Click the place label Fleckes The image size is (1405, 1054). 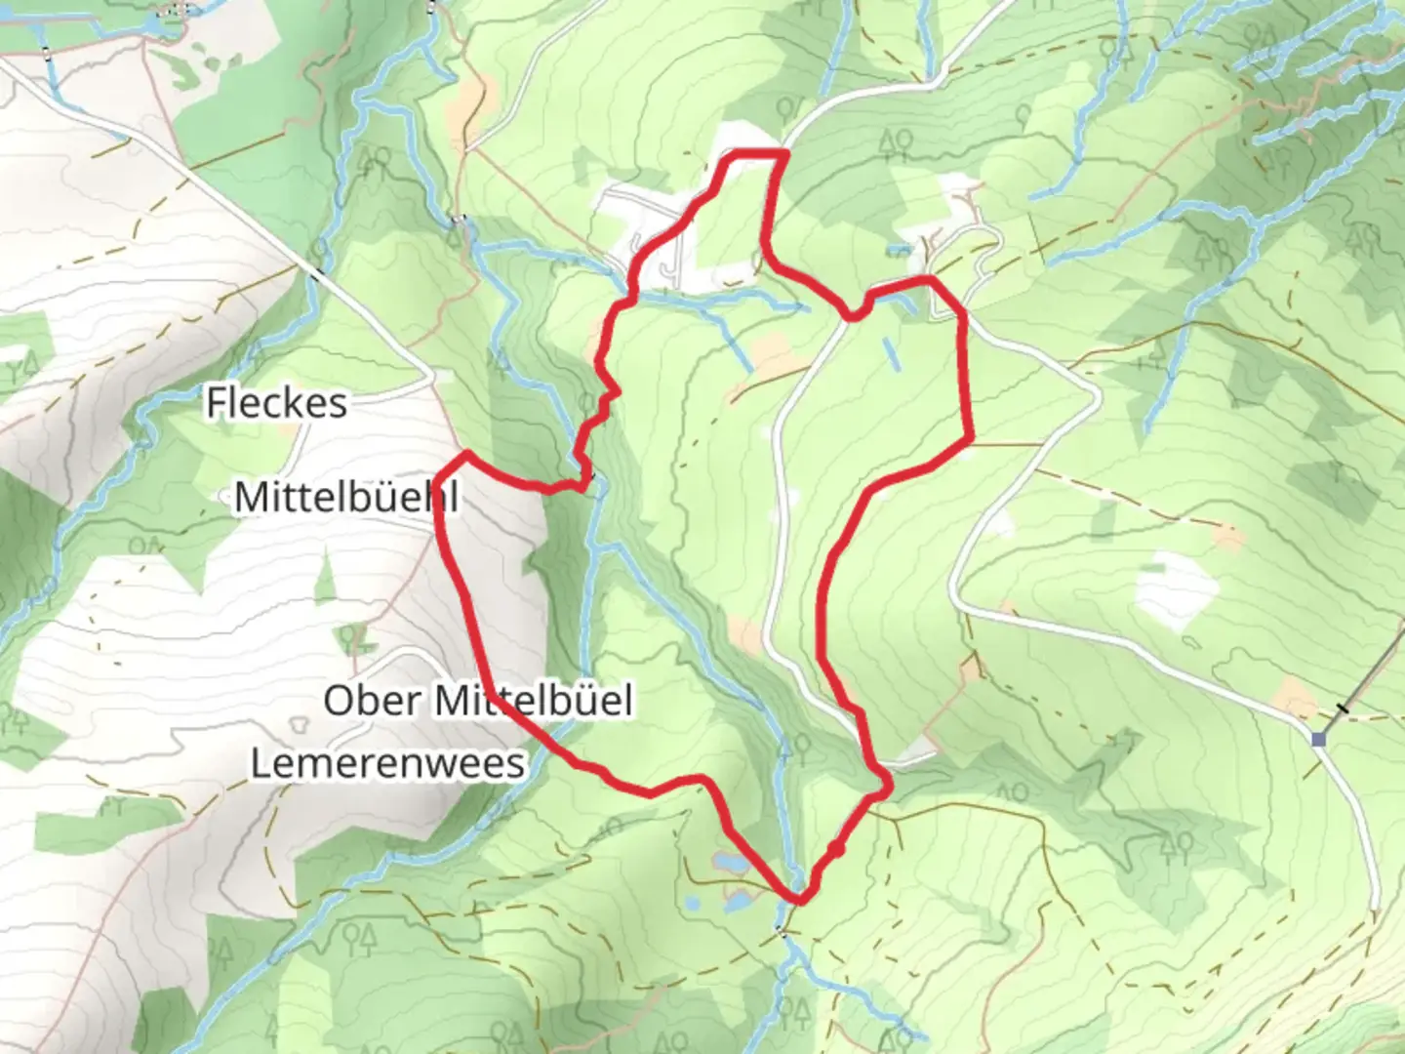coord(276,403)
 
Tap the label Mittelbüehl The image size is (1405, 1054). coord(345,498)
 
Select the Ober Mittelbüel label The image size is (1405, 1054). coord(477,700)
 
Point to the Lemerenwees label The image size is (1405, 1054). coord(387,763)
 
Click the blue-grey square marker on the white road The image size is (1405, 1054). coord(1319,740)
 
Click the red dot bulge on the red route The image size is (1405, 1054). coord(838,851)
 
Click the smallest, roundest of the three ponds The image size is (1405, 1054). coord(693,904)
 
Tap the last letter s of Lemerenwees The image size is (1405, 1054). coord(516,763)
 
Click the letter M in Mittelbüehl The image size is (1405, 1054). coord(250,498)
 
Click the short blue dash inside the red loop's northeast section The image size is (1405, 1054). coord(890,353)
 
